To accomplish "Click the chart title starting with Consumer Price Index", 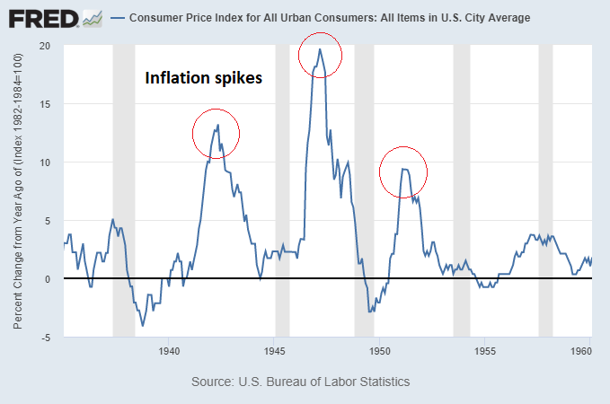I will [330, 17].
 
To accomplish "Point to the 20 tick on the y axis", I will [45, 46].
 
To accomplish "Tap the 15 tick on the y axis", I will [45, 104].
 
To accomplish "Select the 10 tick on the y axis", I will [45, 162].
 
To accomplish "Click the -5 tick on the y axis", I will [45, 338].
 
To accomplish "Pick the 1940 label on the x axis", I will [169, 350].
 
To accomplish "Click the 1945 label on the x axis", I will [275, 350].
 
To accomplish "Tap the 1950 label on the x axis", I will [380, 350].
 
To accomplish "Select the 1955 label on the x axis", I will [485, 350].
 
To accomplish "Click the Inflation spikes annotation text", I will [204, 78].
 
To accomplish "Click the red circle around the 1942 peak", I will [217, 133].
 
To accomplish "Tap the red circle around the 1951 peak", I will [402, 171].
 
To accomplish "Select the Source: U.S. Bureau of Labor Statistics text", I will [301, 382].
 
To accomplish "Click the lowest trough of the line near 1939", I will [144, 325].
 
